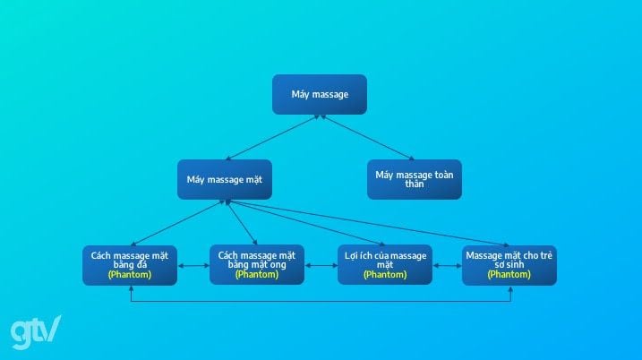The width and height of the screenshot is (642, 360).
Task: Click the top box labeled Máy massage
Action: pos(320,94)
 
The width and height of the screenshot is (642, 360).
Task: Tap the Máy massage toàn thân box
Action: pos(414,179)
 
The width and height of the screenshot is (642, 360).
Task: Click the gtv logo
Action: pos(36,331)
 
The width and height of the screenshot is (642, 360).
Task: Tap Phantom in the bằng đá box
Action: pos(130,275)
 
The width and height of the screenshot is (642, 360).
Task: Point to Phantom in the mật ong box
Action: pos(257,275)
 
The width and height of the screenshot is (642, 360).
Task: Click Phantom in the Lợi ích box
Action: pos(384,275)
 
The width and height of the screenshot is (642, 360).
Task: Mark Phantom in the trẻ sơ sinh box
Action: pos(509,275)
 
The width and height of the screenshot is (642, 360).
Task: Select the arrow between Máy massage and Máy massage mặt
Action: pos(272,137)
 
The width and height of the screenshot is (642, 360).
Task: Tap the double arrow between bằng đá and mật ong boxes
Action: pos(193,266)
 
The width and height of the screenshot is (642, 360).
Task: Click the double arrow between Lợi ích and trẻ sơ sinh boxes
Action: pos(447,266)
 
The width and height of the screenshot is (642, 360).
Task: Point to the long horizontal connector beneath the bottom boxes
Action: pos(320,300)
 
